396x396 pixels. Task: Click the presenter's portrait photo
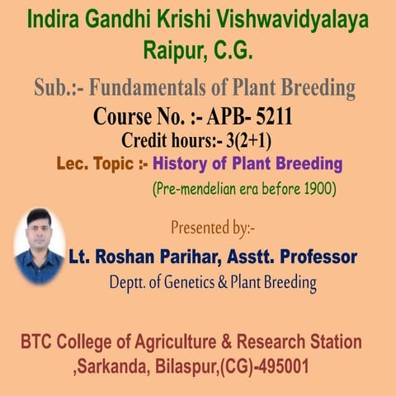pyautogui.click(x=40, y=245)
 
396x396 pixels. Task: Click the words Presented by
pyautogui.click(x=219, y=227)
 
